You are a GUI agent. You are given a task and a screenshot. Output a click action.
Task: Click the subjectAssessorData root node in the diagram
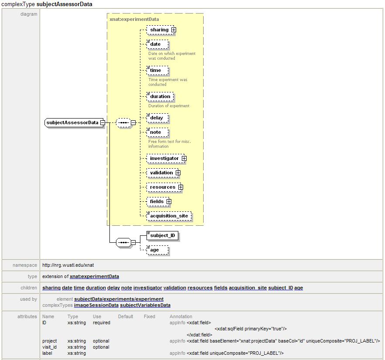pyautogui.click(x=72, y=122)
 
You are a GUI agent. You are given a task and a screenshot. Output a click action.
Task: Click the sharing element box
pyautogui.click(x=159, y=30)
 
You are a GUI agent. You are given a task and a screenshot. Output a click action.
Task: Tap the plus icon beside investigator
pyautogui.click(x=184, y=159)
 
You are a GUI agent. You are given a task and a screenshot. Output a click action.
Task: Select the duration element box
pyautogui.click(x=160, y=97)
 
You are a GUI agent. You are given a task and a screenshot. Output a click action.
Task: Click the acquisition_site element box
pyautogui.click(x=169, y=216)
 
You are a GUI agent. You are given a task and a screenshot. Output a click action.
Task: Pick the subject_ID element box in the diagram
pyautogui.click(x=162, y=236)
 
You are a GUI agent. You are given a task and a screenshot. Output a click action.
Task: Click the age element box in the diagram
pyautogui.click(x=155, y=250)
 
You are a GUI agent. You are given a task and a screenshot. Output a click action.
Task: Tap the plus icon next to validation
pyautogui.click(x=178, y=173)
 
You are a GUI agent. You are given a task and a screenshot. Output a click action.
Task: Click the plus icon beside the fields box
pyautogui.click(x=169, y=202)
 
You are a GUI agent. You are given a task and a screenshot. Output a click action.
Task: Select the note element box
pyautogui.click(x=155, y=132)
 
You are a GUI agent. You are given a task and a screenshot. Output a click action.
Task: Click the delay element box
pyautogui.click(x=156, y=118)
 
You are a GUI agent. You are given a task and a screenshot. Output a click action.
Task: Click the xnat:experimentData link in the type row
pyautogui.click(x=94, y=276)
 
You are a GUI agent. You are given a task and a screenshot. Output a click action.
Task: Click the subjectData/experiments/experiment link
pyautogui.click(x=119, y=299)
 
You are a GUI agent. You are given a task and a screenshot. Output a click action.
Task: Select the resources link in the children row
pyautogui.click(x=200, y=288)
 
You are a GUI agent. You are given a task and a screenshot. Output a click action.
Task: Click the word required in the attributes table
pyautogui.click(x=101, y=323)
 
